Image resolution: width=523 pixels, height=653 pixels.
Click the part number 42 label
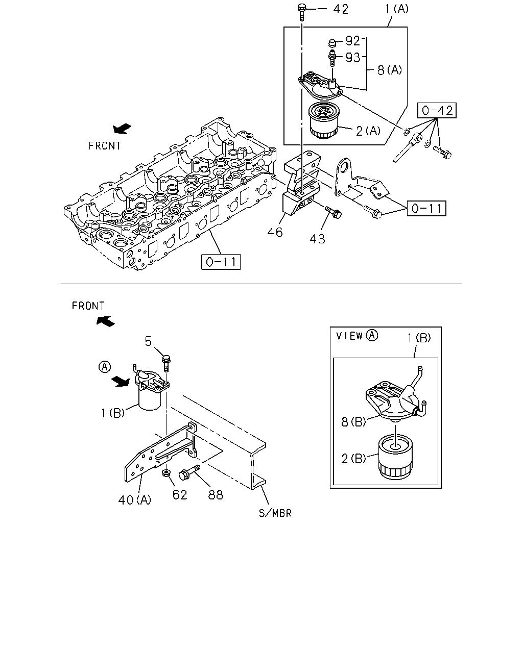341,9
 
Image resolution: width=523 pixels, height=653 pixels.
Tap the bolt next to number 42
301,12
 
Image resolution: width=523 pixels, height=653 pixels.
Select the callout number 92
353,41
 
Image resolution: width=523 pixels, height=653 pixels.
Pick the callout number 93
353,57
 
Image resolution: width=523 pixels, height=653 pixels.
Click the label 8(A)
390,70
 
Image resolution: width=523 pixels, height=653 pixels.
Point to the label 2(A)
368,131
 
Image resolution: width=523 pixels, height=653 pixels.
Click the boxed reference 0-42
437,110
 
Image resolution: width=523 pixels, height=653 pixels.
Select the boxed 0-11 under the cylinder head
221,262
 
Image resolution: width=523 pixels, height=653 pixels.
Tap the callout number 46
275,233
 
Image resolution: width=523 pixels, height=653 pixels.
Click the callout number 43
317,239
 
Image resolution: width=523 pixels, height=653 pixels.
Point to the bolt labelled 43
334,212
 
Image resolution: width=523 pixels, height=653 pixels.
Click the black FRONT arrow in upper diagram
122,129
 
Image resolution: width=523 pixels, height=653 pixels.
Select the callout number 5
148,342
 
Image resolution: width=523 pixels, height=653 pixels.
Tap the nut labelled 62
166,472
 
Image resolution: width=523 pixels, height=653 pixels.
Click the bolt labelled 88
189,472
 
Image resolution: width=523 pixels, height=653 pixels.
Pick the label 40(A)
135,500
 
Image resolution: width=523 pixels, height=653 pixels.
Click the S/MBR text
275,513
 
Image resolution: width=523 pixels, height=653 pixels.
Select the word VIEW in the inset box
349,336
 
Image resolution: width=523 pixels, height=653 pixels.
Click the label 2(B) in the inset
353,459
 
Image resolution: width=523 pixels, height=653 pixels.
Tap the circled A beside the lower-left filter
105,367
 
